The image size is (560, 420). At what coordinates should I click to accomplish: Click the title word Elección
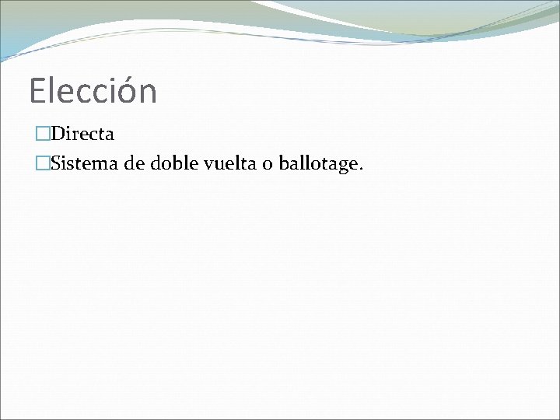pyautogui.click(x=93, y=91)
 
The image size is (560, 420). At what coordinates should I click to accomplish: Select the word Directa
pyautogui.click(x=82, y=134)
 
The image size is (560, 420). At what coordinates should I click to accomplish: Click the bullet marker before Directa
pyautogui.click(x=42, y=134)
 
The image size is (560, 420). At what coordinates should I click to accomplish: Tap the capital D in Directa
pyautogui.click(x=55, y=134)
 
